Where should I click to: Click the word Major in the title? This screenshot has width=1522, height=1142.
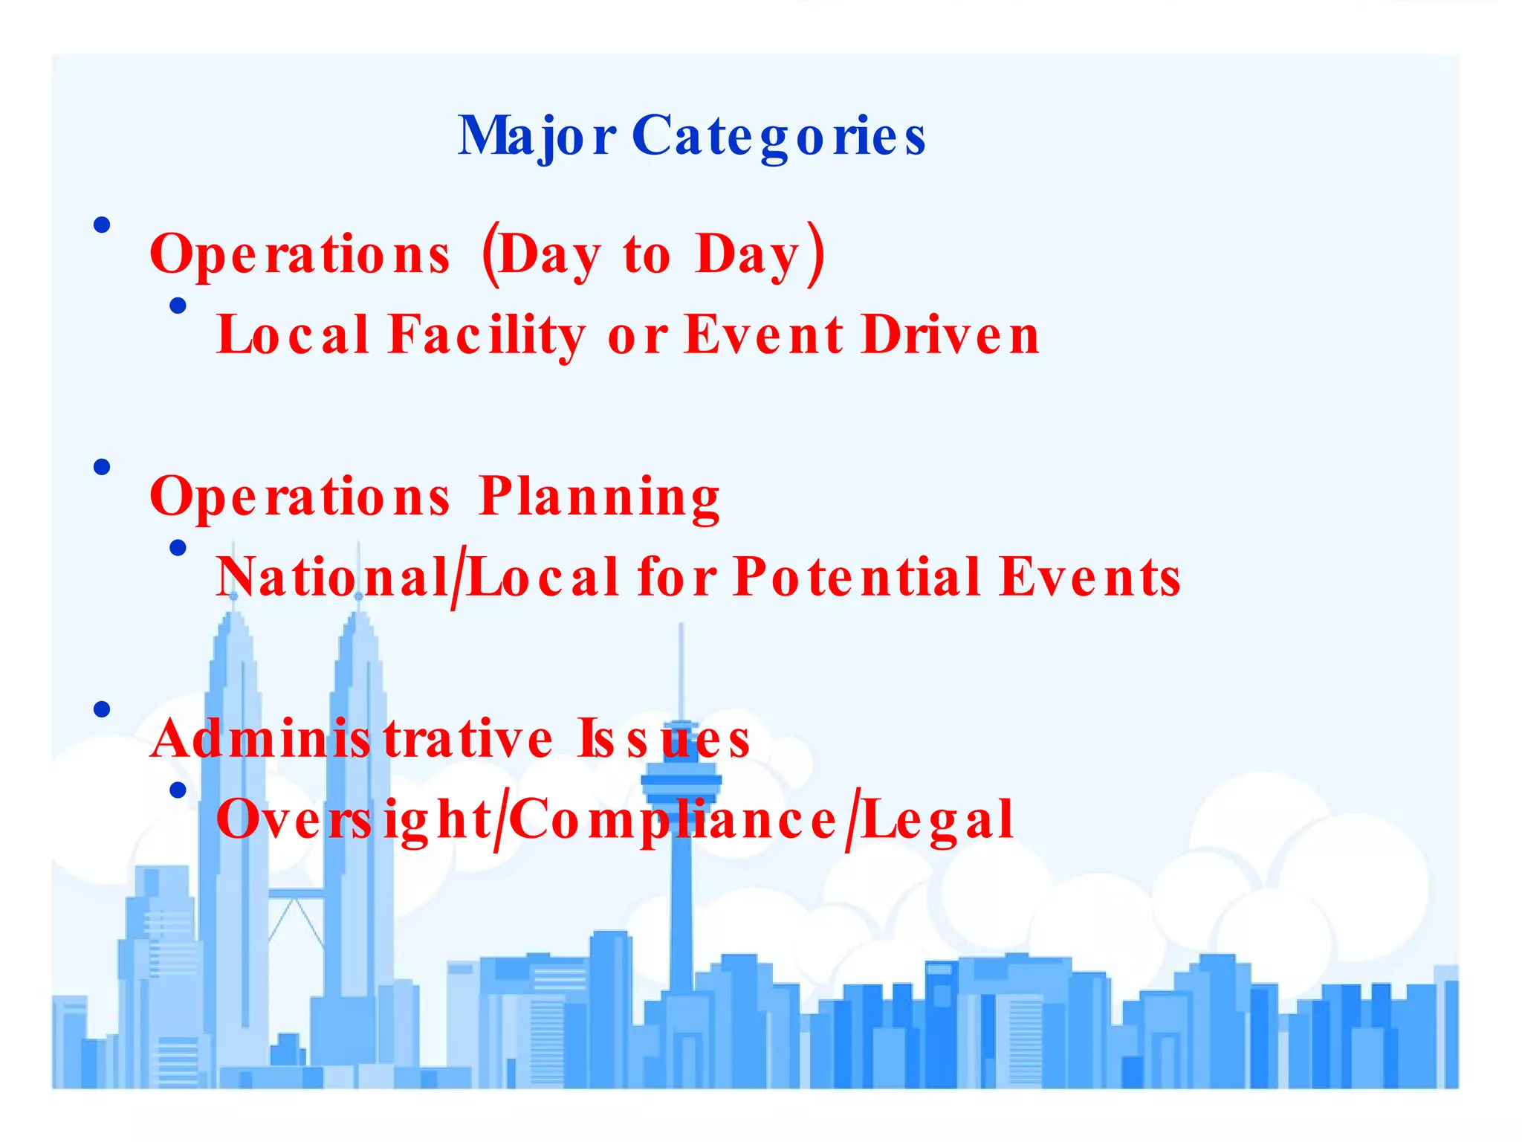536,137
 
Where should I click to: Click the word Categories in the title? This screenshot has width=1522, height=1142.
779,137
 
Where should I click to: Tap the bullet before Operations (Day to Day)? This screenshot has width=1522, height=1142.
103,225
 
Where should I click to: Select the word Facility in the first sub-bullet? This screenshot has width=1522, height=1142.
487,335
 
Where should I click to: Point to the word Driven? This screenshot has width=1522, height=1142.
951,335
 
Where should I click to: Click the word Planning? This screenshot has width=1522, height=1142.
600,497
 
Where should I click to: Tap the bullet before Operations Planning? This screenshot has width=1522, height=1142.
103,467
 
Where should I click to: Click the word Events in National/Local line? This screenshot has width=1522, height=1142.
1090,578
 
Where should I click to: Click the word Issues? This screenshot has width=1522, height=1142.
664,739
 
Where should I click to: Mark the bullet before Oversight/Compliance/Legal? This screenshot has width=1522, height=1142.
178,790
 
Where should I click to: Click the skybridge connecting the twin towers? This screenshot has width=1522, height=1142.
296,893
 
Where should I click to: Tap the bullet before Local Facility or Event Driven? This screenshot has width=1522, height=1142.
178,306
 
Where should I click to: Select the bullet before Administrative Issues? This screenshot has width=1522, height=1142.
103,709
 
